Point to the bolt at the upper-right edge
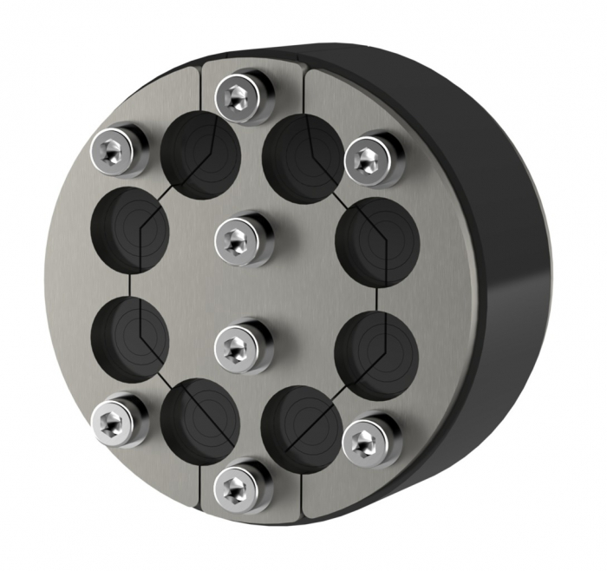click(x=374, y=158)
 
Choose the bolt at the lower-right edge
click(x=372, y=440)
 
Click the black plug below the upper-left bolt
click(x=131, y=227)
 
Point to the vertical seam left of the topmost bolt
click(x=201, y=87)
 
